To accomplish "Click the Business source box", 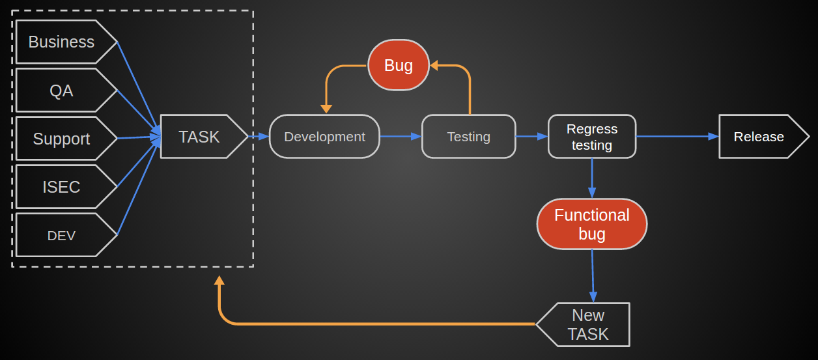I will coord(62,42).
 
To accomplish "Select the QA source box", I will coord(62,90).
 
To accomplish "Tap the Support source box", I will coord(62,139).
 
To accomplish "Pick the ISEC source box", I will coord(62,187).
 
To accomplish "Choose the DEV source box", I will coord(62,235).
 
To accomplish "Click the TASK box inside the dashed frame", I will coord(200,137).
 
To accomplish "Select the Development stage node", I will coord(324,137).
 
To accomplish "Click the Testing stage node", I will coord(468,137).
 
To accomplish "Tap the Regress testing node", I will coord(591,137).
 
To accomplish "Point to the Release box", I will coord(759,137).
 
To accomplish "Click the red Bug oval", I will coord(399,65).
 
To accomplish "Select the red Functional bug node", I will coord(591,224).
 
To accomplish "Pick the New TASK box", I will coord(587,324).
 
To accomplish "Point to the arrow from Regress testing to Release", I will coord(677,137).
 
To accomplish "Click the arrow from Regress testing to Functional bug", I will coord(591,178).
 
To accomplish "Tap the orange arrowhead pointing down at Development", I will coord(326,109).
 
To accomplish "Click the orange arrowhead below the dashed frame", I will coord(219,281).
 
